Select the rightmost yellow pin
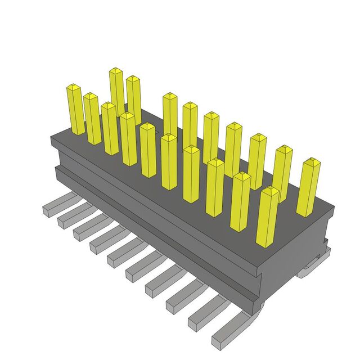[x=309, y=188]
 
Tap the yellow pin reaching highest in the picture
[x=116, y=90]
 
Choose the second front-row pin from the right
[x=240, y=201]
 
